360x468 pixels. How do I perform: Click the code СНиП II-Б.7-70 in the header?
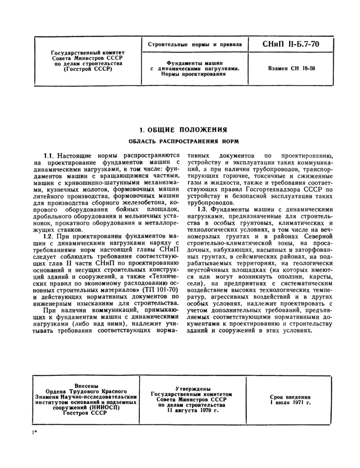pyautogui.click(x=291, y=44)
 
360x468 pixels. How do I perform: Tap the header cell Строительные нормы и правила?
pyautogui.click(x=195, y=45)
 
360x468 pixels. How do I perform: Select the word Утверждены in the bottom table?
pyautogui.click(x=192, y=389)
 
